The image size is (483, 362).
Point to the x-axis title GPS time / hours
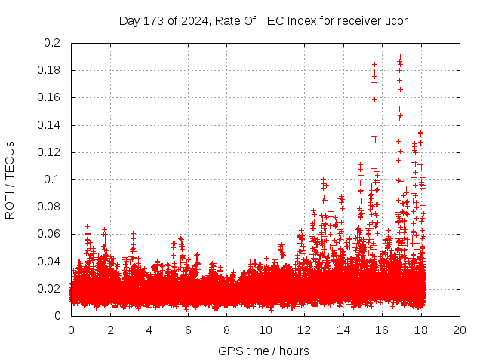(x=263, y=351)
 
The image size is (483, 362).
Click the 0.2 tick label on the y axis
(x=53, y=43)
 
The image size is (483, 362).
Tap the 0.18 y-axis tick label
(x=50, y=70)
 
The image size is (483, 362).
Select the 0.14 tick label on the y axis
(x=50, y=125)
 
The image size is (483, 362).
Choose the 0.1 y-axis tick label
(x=53, y=179)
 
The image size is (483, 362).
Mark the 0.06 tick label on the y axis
(x=50, y=234)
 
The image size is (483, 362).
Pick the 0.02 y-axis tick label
(x=50, y=289)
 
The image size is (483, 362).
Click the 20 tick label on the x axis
(x=460, y=330)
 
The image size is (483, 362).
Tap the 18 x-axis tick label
(x=420, y=330)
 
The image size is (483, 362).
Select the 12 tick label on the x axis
(x=304, y=330)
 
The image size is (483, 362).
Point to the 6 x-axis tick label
(x=187, y=330)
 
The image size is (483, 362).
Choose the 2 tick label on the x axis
(x=109, y=330)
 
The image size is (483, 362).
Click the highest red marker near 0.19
(x=400, y=57)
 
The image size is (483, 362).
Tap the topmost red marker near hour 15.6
(x=374, y=64)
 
